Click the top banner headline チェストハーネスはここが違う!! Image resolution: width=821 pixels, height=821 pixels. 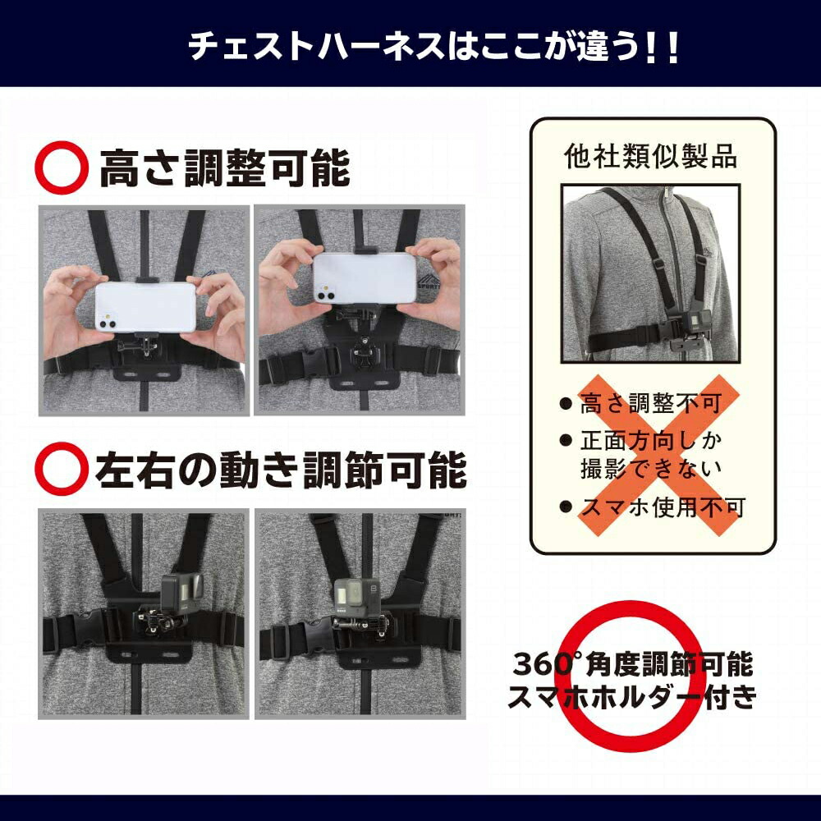pyautogui.click(x=433, y=46)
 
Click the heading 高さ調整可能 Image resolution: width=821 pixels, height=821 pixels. pyautogui.click(x=225, y=167)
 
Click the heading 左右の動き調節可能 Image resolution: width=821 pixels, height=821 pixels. pyautogui.click(x=281, y=469)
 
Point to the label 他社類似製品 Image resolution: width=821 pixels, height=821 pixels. pyautogui.click(x=651, y=156)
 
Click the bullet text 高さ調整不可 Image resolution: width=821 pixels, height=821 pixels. pyautogui.click(x=651, y=404)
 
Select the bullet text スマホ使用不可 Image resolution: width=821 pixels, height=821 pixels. pyautogui.click(x=663, y=507)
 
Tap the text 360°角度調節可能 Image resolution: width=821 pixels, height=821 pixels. pyautogui.click(x=633, y=664)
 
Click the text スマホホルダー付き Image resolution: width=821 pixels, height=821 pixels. pyautogui.click(x=632, y=697)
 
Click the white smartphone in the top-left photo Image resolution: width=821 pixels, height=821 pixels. pyautogui.click(x=145, y=307)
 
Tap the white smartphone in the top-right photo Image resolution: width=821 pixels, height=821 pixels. pyautogui.click(x=365, y=278)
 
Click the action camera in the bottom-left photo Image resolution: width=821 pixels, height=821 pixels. pyautogui.click(x=181, y=594)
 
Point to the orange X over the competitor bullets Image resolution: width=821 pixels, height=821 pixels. pyautogui.click(x=658, y=456)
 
